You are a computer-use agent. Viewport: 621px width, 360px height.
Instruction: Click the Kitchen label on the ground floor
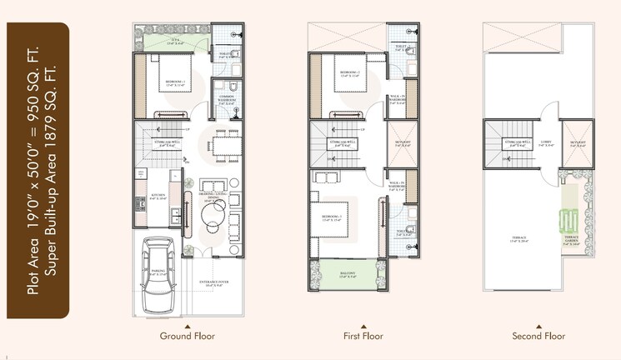[x=158, y=197]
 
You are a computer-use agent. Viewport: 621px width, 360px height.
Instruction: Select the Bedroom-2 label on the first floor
[x=349, y=73]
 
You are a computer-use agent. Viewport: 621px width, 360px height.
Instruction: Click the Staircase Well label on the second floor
[x=513, y=144]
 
